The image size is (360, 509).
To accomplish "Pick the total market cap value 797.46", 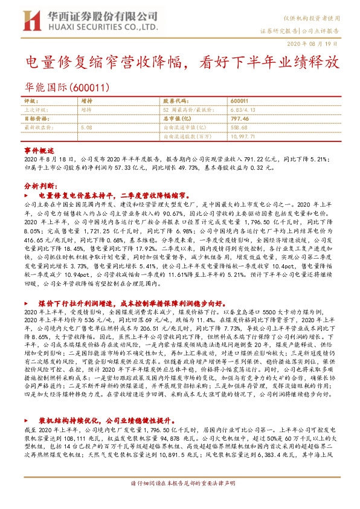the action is point(240,119).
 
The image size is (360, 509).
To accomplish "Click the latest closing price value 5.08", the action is point(86,128).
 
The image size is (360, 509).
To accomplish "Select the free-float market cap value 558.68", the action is point(240,128).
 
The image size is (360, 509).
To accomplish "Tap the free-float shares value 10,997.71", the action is point(244,137).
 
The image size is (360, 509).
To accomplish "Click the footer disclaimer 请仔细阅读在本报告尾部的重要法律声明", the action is point(179,501).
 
